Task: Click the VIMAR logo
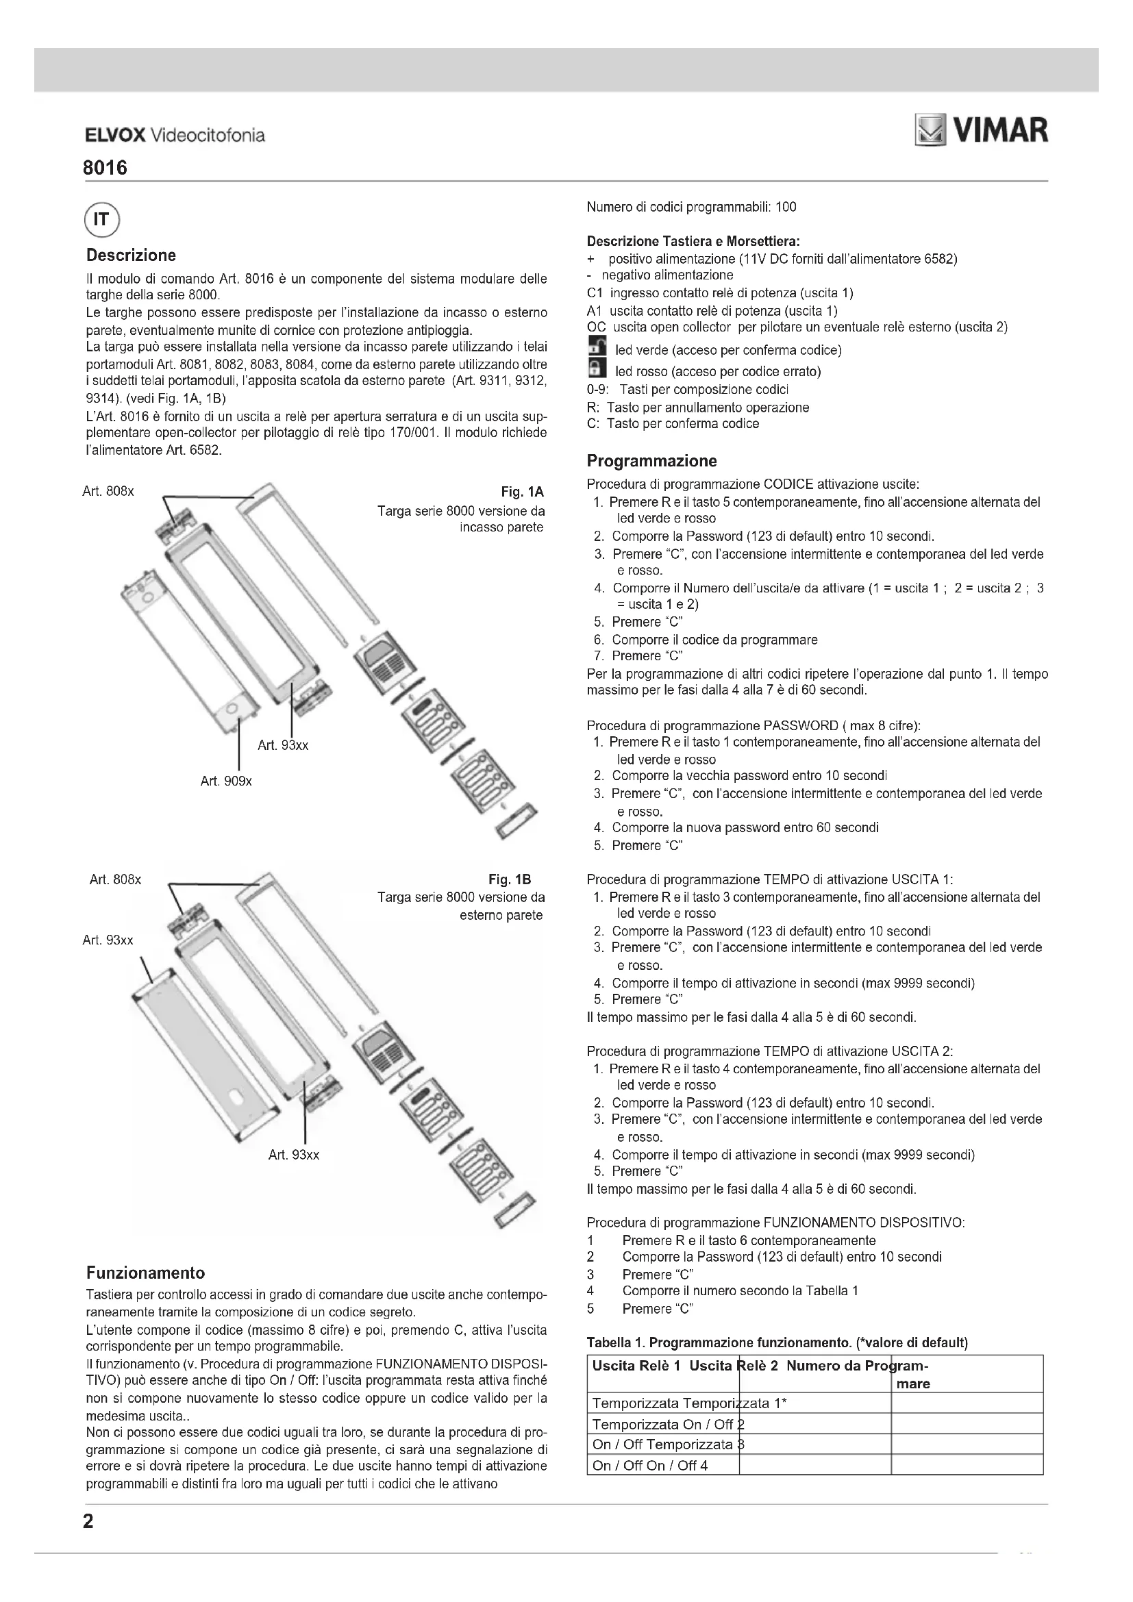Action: click(x=981, y=132)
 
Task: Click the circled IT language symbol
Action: click(x=102, y=221)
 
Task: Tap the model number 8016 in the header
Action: click(x=105, y=168)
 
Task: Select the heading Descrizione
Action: click(x=131, y=255)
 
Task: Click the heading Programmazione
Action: click(x=651, y=461)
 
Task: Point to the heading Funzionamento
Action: click(x=145, y=1273)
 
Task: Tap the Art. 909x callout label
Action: click(x=226, y=781)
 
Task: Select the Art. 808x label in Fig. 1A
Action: click(x=108, y=491)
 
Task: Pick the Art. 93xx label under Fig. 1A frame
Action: click(x=282, y=745)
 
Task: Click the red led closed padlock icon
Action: click(x=596, y=369)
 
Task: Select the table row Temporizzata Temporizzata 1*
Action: click(x=689, y=1403)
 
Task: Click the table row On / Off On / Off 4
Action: click(x=649, y=1465)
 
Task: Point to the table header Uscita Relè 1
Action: click(x=636, y=1366)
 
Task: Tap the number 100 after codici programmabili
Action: click(x=786, y=208)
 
